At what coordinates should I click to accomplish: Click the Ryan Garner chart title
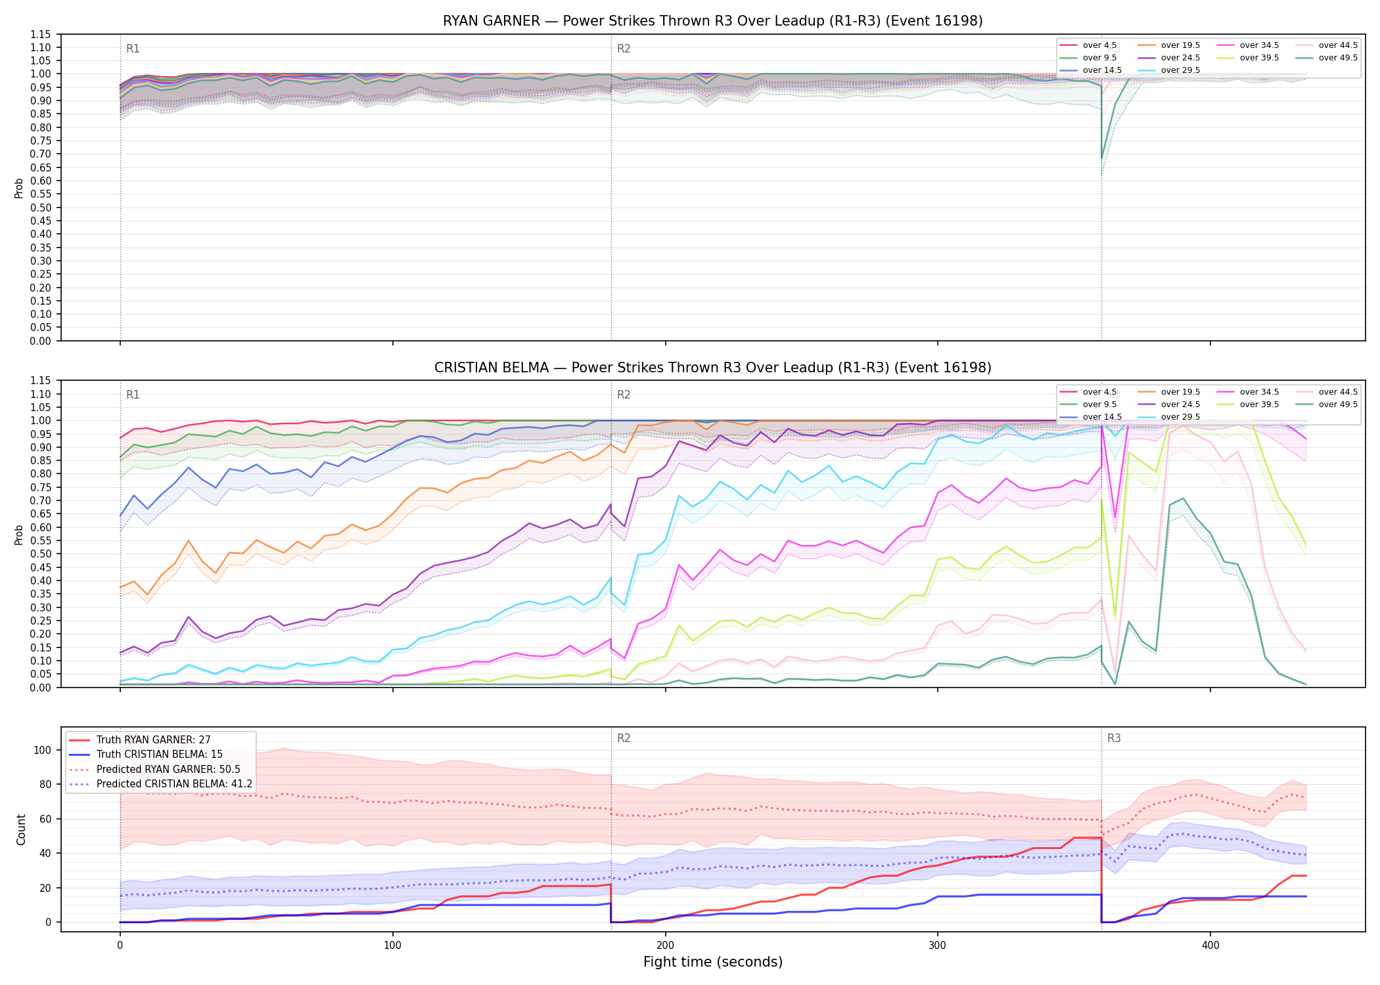coord(713,21)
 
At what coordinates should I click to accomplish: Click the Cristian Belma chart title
coord(713,368)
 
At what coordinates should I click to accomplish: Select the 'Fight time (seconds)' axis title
coord(713,962)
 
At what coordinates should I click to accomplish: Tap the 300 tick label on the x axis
coord(938,946)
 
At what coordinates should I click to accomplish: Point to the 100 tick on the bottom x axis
coord(392,946)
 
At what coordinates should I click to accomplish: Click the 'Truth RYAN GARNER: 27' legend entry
coord(154,740)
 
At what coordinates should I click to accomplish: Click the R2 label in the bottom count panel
coord(624,738)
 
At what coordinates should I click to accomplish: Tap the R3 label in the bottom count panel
coord(1114,738)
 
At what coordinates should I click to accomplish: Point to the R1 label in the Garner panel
coord(133,49)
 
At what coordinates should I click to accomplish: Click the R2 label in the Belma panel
coord(624,395)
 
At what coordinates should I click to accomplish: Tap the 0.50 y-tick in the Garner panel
coord(41,208)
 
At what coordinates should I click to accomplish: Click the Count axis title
coord(21,829)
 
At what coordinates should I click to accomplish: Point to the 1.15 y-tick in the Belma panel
coord(41,381)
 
